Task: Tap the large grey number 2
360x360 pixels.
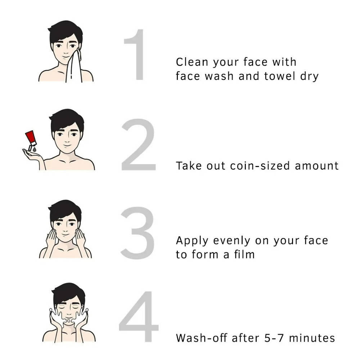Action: [x=139, y=145]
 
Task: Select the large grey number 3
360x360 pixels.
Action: [x=137, y=233]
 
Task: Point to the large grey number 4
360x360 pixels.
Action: [x=139, y=316]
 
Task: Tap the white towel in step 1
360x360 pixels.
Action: [x=74, y=66]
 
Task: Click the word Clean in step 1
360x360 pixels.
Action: [x=192, y=62]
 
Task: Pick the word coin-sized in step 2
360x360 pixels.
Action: [x=260, y=166]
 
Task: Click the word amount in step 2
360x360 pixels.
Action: [x=316, y=166]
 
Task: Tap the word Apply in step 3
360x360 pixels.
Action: [x=192, y=241]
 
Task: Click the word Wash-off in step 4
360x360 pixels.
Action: [x=201, y=338]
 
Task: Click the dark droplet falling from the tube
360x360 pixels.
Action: [x=35, y=150]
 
